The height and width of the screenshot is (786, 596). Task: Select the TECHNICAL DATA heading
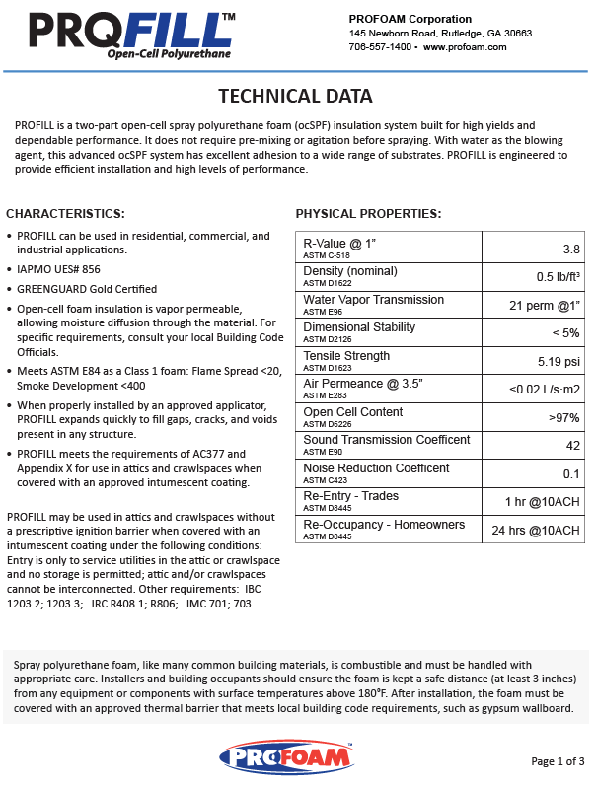[x=295, y=96]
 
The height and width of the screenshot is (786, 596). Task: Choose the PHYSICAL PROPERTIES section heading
[x=368, y=213]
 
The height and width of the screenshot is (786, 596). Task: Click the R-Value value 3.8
[x=570, y=249]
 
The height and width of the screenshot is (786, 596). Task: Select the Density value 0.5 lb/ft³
[x=558, y=276]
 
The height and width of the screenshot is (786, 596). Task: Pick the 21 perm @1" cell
[x=545, y=305]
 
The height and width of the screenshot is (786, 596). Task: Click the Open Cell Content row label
[x=352, y=412]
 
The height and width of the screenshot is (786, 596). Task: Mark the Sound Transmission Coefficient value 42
[x=571, y=445]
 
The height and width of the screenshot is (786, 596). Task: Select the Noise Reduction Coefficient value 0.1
[x=570, y=473]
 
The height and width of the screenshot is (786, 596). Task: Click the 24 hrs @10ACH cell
[x=537, y=530]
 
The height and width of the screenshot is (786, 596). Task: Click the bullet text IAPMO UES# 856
[x=58, y=268]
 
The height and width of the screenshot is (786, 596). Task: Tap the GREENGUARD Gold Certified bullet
[x=87, y=289]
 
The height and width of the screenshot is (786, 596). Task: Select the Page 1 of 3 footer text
[x=558, y=760]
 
